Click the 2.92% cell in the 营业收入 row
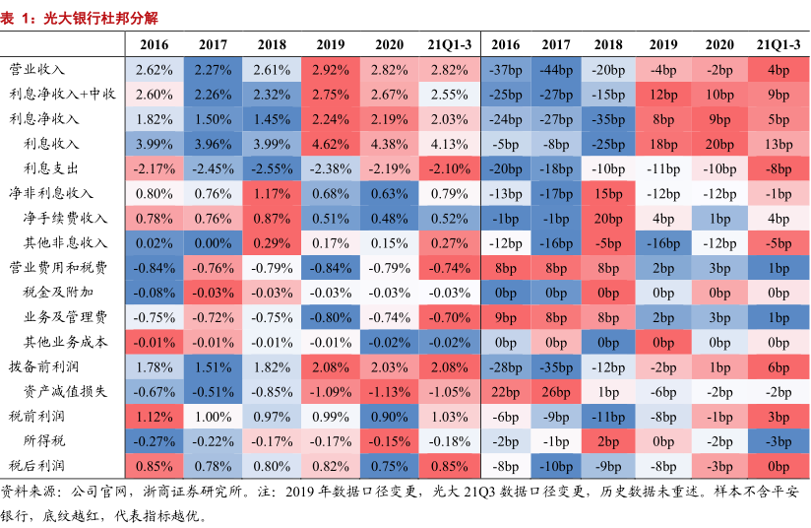click(332, 70)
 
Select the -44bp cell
click(555, 70)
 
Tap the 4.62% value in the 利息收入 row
click(332, 144)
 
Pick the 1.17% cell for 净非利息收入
click(273, 193)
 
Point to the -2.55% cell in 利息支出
click(273, 168)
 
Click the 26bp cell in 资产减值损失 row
click(555, 391)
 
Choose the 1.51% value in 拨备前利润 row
click(214, 366)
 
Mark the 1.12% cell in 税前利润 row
click(155, 416)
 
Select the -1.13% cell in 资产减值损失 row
click(390, 391)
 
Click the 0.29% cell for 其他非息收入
click(273, 242)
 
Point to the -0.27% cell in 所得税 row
click(155, 440)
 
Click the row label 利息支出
click(51, 168)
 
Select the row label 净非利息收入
click(51, 193)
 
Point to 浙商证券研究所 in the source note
click(185, 492)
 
